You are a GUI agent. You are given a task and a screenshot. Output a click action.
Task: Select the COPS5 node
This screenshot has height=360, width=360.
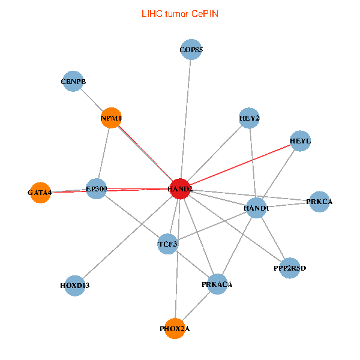tap(191, 50)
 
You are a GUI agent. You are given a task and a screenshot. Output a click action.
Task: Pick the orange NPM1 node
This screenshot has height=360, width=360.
tap(112, 118)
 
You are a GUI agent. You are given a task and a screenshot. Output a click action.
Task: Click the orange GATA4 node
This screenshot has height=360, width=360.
tap(40, 193)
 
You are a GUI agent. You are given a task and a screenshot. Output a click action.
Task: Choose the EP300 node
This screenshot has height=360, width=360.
tap(96, 188)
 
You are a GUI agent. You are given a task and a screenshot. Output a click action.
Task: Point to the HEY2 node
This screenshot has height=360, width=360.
tap(249, 118)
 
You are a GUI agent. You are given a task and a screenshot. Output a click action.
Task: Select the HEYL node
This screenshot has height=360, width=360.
tap(299, 141)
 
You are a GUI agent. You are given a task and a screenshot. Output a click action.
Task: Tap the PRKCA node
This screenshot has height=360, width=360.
tap(319, 202)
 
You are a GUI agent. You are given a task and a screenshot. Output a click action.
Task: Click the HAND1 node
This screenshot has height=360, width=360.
tap(256, 208)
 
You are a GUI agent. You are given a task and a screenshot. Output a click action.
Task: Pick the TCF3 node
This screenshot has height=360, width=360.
tap(167, 244)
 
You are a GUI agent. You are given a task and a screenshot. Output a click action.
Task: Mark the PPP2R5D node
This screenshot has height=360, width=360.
tap(290, 268)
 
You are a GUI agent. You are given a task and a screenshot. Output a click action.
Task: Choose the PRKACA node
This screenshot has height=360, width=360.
tap(217, 284)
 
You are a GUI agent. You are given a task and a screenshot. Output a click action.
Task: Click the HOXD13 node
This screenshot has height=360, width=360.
tap(74, 285)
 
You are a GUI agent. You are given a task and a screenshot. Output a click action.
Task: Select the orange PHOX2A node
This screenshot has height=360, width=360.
tap(175, 328)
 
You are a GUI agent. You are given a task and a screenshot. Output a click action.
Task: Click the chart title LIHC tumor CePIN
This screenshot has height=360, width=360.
tap(179, 13)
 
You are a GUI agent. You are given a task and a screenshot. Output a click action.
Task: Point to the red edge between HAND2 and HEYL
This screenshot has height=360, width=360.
tap(240, 164)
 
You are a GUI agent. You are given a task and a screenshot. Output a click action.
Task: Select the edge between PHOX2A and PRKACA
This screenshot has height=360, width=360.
tap(196, 306)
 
